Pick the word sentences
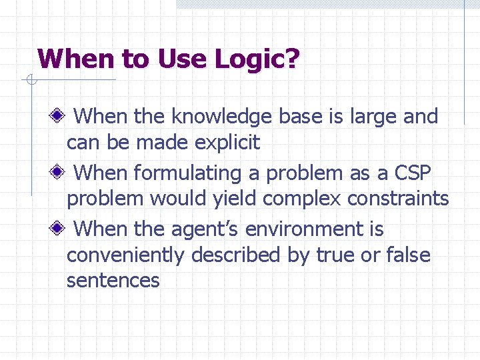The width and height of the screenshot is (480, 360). [x=113, y=281]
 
